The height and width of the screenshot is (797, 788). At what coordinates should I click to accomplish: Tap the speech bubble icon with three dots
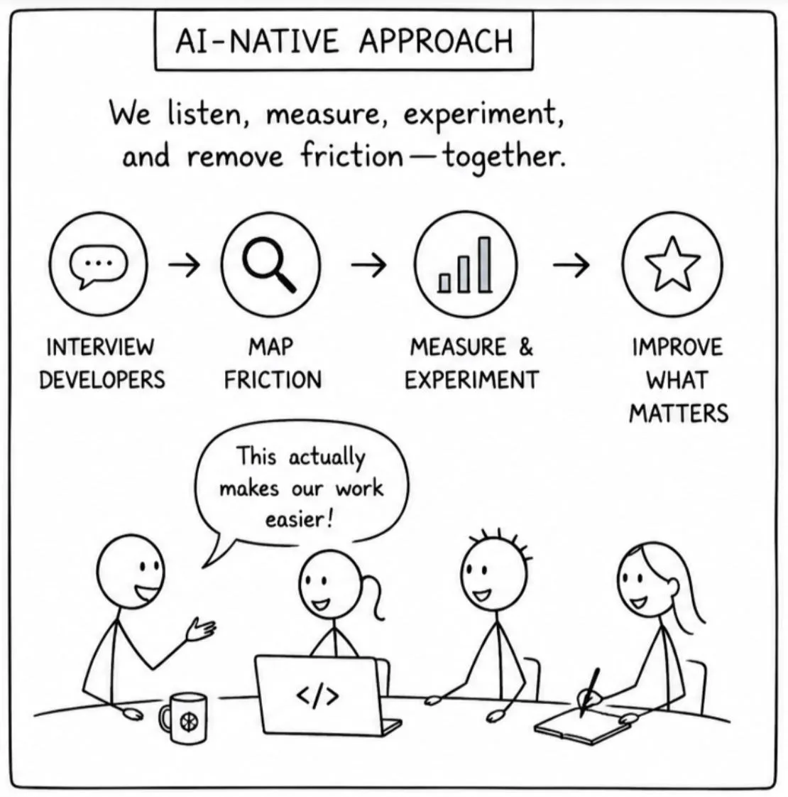99,266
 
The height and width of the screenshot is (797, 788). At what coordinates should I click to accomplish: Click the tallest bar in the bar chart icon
485,265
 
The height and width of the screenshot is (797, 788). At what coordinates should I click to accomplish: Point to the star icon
672,264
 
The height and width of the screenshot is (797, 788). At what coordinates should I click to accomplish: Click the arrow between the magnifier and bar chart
368,264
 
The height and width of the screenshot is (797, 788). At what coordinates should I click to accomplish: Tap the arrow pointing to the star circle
571,264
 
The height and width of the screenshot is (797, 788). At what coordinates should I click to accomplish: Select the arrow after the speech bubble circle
184,264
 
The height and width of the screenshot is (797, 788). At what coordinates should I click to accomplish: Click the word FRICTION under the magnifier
273,380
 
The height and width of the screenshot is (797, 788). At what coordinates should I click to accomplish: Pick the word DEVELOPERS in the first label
102,380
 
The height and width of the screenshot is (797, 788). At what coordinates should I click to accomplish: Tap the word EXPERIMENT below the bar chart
471,380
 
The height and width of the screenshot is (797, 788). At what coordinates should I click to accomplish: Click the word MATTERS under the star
679,413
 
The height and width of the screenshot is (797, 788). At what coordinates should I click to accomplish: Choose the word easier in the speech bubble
300,519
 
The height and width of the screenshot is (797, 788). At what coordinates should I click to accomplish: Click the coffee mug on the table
183,717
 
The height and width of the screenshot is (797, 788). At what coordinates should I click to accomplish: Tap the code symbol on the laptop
317,696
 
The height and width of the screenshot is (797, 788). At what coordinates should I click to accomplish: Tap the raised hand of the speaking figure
201,630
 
